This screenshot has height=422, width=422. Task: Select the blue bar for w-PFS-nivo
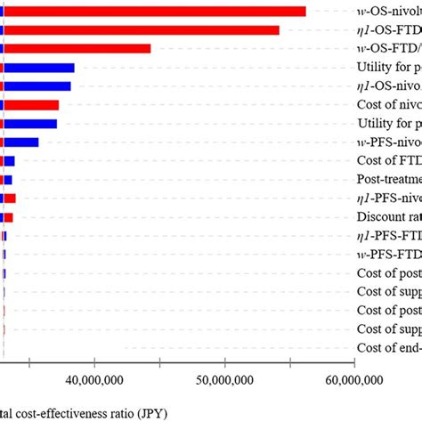pos(21,142)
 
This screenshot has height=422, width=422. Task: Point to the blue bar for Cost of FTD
pos(10,160)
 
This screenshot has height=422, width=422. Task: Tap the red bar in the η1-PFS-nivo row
pos(10,198)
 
